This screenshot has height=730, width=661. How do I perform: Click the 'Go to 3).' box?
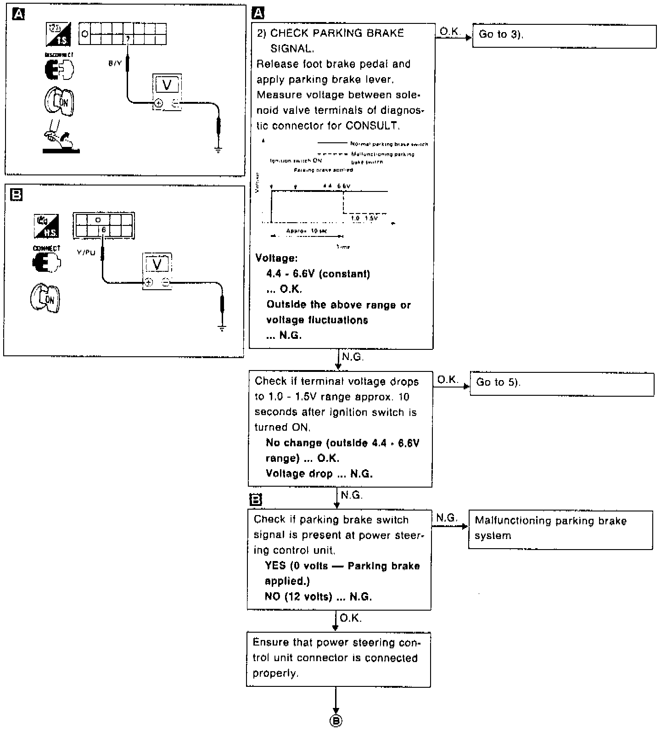564,36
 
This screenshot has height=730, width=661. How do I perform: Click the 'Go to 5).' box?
562,384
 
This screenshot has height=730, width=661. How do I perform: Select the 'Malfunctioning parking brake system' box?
560,529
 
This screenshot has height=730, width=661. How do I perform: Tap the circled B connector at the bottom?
336,721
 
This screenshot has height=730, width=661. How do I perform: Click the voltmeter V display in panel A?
167,84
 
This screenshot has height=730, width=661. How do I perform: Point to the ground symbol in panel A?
218,148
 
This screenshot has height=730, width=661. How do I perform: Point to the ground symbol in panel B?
222,328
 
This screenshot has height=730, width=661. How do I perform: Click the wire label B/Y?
115,63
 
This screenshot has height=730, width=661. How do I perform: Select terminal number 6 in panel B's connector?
104,230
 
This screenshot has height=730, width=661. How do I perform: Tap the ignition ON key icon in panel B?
45,299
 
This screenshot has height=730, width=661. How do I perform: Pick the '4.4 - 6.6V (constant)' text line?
318,274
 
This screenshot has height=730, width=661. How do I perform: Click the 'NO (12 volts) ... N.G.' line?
318,596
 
